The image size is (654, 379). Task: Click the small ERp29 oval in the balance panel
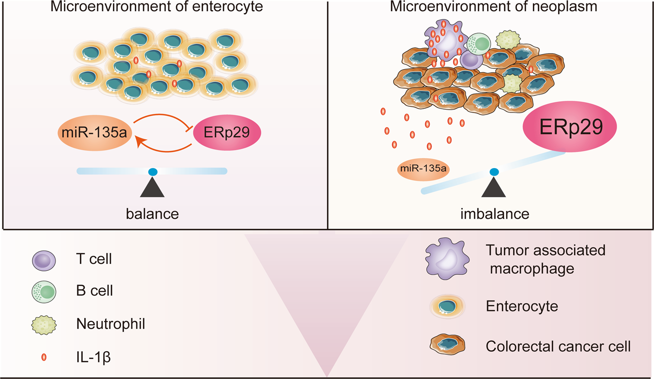point(227,133)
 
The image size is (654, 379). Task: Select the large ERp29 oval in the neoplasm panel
point(569,127)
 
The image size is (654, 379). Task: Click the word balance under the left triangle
point(152,214)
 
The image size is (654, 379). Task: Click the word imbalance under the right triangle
point(494,214)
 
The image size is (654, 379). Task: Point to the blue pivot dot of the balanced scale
point(153,171)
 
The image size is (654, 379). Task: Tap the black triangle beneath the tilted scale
point(494,188)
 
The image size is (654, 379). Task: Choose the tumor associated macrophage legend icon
point(446,259)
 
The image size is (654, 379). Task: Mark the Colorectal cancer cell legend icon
point(446,346)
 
